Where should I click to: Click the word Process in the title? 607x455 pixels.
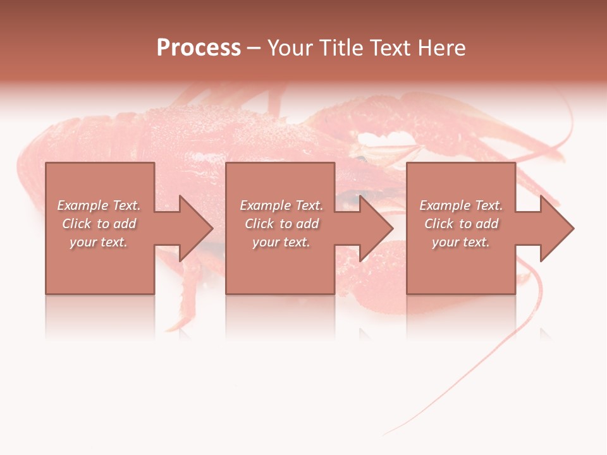tap(199, 48)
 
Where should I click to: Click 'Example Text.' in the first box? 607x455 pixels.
tap(99, 205)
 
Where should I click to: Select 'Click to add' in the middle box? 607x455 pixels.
tap(281, 224)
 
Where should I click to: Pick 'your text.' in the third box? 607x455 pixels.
tap(461, 242)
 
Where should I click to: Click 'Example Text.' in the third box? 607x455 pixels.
tap(461, 205)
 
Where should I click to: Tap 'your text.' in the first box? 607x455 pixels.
tap(99, 242)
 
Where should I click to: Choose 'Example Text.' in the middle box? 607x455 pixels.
tap(281, 205)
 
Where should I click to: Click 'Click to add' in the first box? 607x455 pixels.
tap(99, 224)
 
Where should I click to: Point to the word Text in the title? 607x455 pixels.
tap(388, 48)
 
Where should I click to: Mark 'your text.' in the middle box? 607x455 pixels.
tap(281, 242)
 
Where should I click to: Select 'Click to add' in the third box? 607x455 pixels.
tap(461, 224)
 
